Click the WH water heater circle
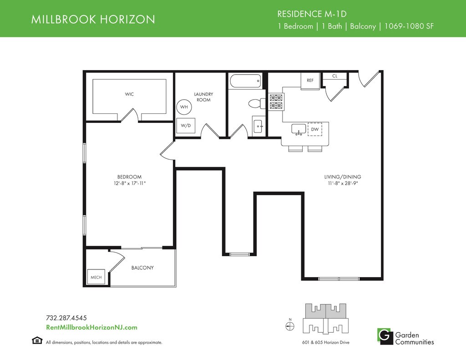(x=184, y=106)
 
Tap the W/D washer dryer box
(x=186, y=126)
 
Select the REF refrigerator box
(x=310, y=81)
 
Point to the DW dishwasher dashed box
(x=315, y=129)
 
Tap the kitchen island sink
(x=299, y=130)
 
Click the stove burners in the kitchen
(x=276, y=101)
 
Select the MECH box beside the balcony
(x=96, y=277)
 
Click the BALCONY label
(x=142, y=268)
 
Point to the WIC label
(x=129, y=94)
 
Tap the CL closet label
(x=334, y=76)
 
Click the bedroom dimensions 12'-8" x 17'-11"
(x=130, y=183)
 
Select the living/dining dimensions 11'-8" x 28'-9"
(x=343, y=183)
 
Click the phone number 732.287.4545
(x=66, y=318)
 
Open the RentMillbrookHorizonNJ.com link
(x=91, y=328)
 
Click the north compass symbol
(x=290, y=326)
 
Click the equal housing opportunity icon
(x=37, y=340)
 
